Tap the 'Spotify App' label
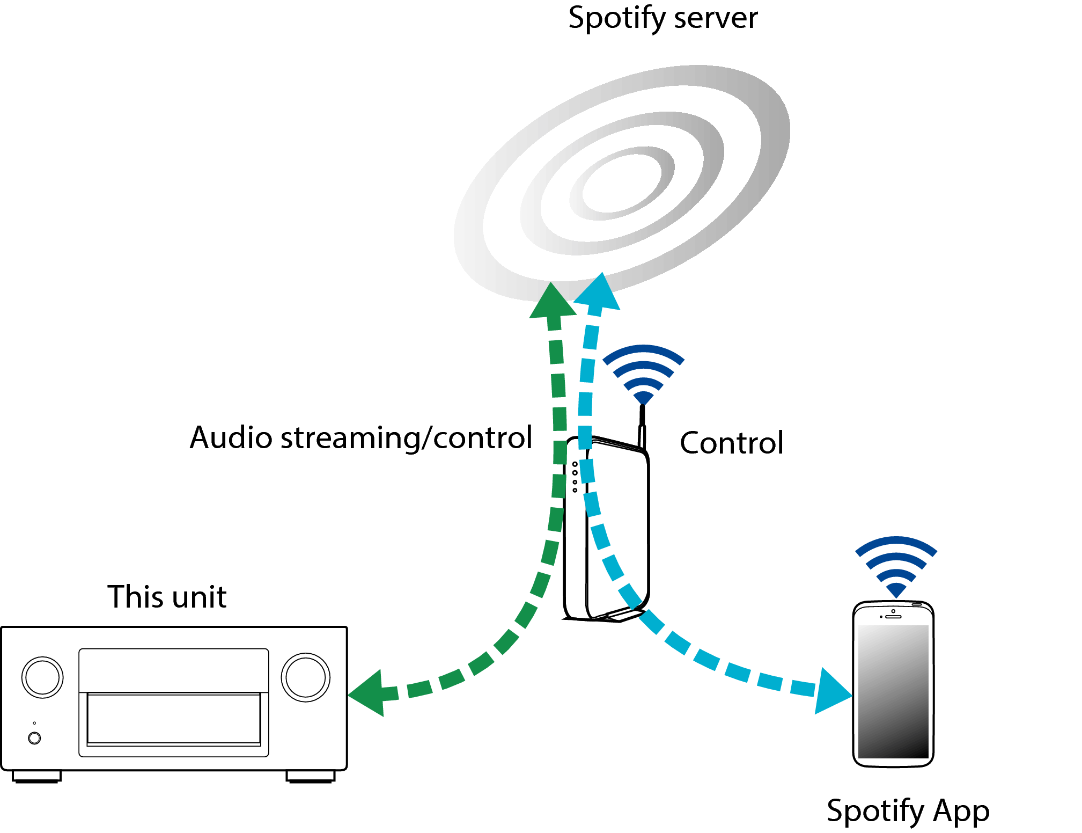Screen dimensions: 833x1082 [x=908, y=810]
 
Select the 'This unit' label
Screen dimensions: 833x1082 [x=167, y=597]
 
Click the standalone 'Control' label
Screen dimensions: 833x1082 [x=731, y=443]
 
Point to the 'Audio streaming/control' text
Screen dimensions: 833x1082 [x=360, y=438]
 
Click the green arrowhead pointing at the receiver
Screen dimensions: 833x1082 [x=368, y=693]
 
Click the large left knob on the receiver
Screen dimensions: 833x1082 [x=42, y=677]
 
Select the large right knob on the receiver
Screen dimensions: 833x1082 [x=305, y=677]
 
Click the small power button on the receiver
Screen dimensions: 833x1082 [x=34, y=738]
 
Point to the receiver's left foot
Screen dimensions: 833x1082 [x=36, y=777]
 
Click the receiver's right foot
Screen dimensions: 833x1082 [x=310, y=777]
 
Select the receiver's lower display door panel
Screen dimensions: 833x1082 [x=173, y=719]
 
